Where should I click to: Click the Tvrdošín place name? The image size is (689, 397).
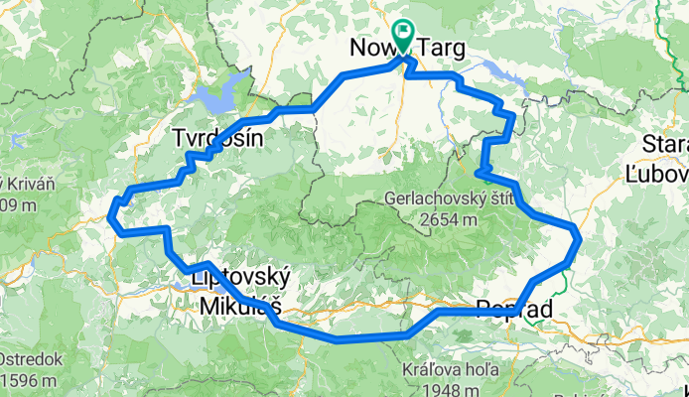point(217,138)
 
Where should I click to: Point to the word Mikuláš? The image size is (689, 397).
point(234,302)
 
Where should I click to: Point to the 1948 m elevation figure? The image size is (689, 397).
point(444,388)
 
